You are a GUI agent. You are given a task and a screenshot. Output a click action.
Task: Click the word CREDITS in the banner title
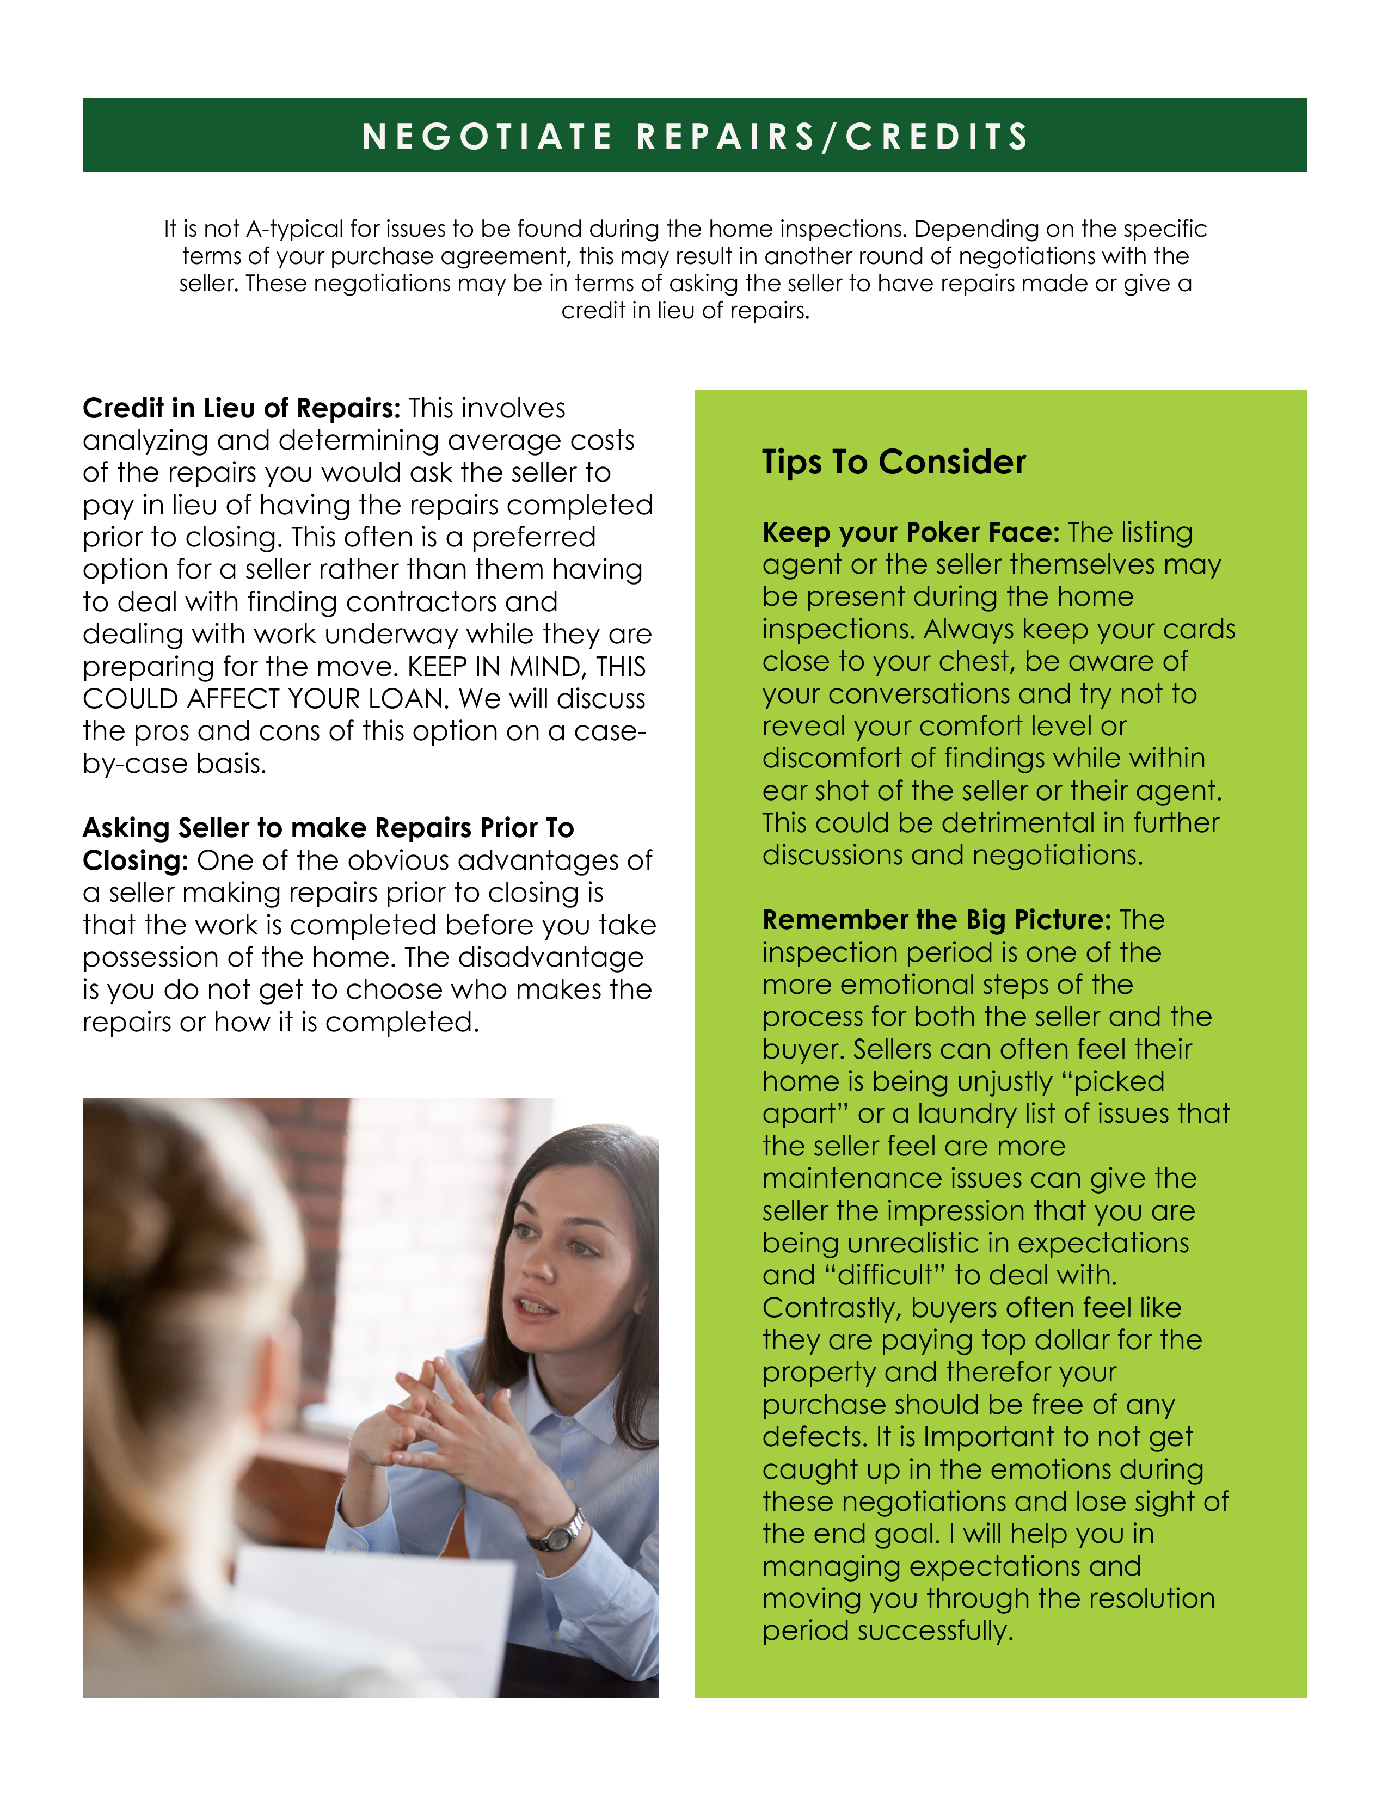(x=937, y=137)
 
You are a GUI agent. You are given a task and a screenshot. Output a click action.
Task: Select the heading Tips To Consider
(x=894, y=462)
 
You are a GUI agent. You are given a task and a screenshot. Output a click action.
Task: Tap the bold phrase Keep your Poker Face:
(x=910, y=532)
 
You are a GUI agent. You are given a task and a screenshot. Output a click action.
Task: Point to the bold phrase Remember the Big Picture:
(x=937, y=919)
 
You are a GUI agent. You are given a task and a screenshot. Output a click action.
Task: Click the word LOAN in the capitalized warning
(x=408, y=699)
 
